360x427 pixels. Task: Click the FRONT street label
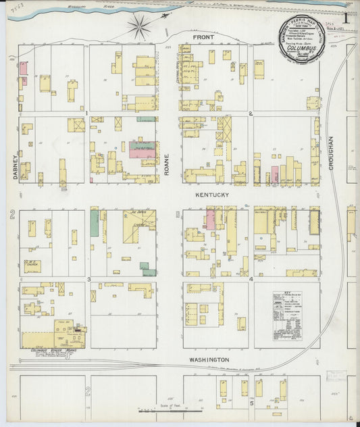(x=203, y=37)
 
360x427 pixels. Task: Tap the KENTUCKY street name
(x=212, y=195)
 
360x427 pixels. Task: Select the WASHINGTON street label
(x=209, y=359)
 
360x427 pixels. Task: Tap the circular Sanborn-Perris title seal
(x=303, y=42)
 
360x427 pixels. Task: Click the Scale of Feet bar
(x=169, y=408)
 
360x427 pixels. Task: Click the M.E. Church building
(x=32, y=266)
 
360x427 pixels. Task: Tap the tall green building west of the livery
(x=95, y=223)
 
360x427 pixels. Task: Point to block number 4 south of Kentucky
(x=251, y=278)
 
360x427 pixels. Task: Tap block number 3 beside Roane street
(x=88, y=278)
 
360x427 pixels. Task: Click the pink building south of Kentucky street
(x=210, y=220)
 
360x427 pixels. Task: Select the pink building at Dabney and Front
(x=23, y=68)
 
